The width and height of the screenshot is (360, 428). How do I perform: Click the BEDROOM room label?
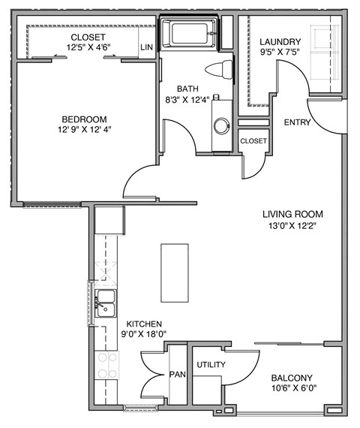click(84, 119)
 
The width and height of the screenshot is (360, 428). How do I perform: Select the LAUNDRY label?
click(280, 41)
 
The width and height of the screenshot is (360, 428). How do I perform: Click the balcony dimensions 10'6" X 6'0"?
click(293, 389)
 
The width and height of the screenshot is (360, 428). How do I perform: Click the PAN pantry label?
click(177, 373)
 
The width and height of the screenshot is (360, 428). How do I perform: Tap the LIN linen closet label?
click(147, 47)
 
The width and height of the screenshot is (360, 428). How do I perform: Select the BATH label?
click(187, 87)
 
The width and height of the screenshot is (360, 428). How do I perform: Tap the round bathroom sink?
click(222, 125)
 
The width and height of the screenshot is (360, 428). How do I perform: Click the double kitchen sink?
click(105, 302)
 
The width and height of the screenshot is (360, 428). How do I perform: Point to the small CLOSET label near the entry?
click(253, 140)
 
